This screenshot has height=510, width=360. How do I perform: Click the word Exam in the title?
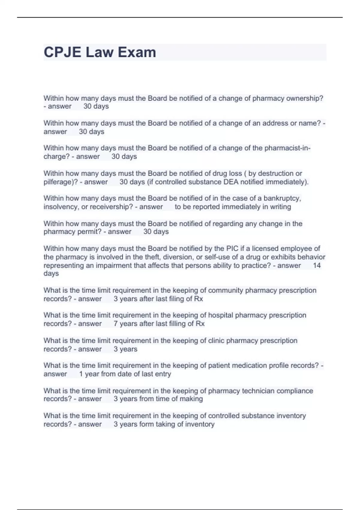[x=137, y=52]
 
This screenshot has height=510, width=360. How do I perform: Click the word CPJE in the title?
[x=62, y=52]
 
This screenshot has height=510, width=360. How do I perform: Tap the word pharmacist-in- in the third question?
[x=287, y=148]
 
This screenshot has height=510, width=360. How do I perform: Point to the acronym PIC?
[x=232, y=249]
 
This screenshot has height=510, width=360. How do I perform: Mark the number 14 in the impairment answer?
[x=317, y=265]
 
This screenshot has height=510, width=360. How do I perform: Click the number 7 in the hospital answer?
[x=115, y=324]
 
